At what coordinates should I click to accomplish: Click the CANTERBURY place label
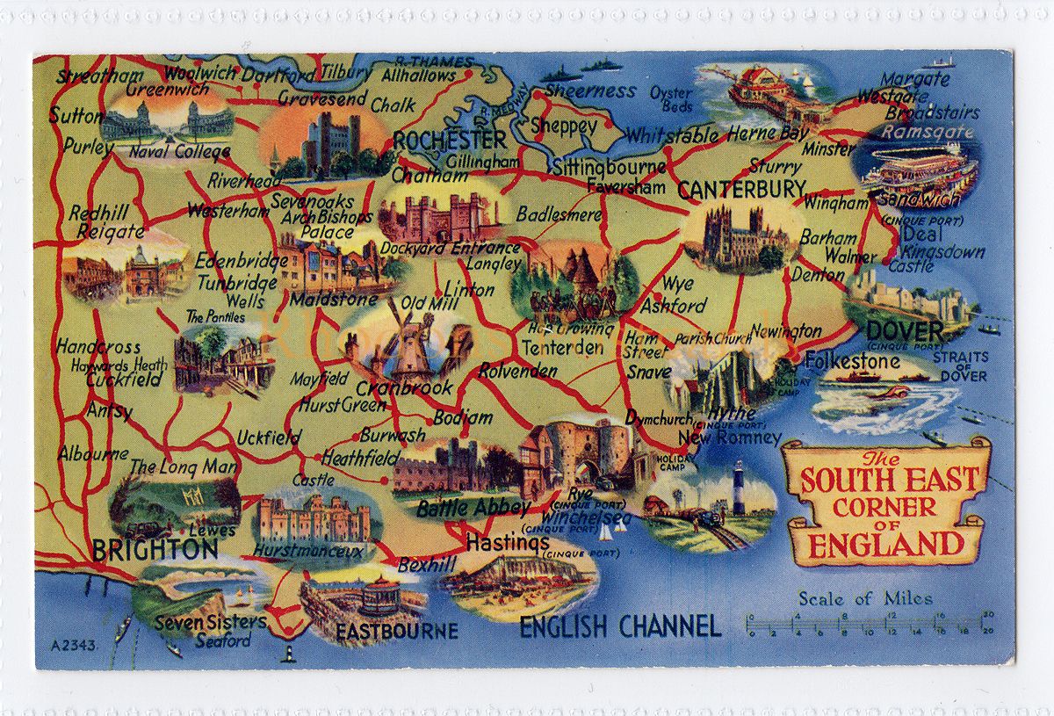pos(741,189)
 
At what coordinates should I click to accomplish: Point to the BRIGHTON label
pos(155,550)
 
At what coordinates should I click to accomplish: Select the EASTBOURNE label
pos(396,631)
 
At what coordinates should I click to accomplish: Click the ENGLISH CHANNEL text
pos(620,626)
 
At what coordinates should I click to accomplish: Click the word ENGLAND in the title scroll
pos(884,544)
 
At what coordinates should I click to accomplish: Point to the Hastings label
pos(508,543)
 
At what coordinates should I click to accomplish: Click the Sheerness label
pos(589,90)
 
